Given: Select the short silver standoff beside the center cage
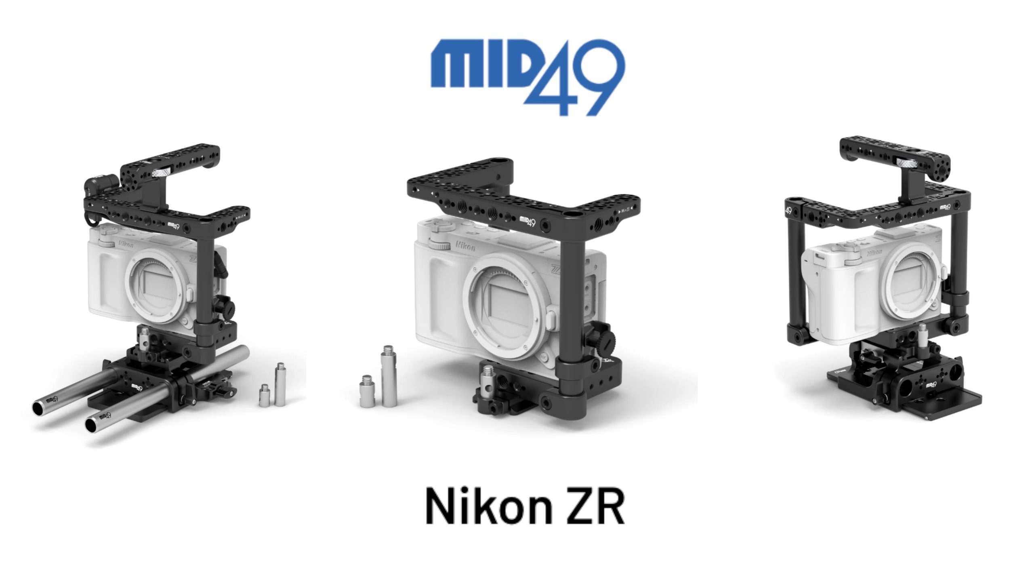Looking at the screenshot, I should coord(367,397).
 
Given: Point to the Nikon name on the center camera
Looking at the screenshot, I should coord(466,245).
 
